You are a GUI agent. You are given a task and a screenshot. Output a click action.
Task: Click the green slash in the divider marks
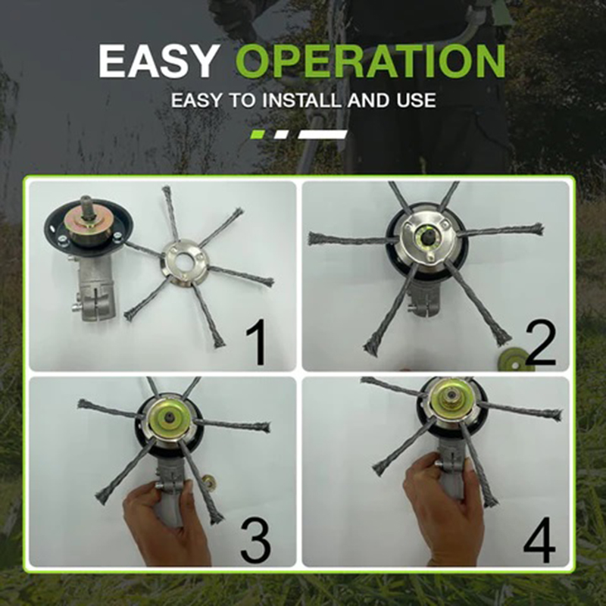point(257,134)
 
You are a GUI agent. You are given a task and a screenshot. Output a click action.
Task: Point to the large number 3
point(258,537)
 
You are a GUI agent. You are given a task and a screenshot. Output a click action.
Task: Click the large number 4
point(539,537)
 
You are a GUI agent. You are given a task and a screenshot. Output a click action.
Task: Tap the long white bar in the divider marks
point(323,134)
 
